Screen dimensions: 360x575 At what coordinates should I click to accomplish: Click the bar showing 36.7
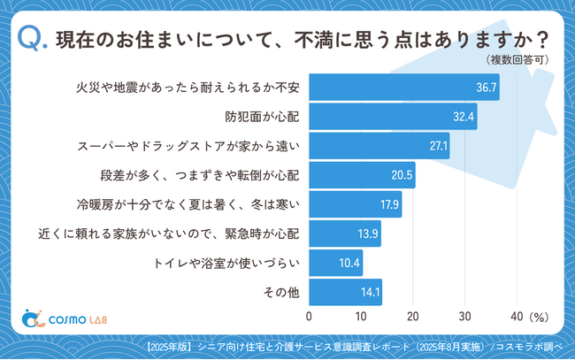pyautogui.click(x=403, y=88)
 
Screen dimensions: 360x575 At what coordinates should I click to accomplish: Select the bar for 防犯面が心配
pyautogui.click(x=393, y=117)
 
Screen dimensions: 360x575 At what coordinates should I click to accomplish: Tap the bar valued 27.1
pyautogui.click(x=379, y=146)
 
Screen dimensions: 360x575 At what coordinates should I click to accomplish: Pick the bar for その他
pyautogui.click(x=345, y=292)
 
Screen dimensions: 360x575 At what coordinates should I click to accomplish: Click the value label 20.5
pyautogui.click(x=402, y=175)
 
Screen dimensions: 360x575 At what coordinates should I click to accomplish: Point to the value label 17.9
pyautogui.click(x=388, y=204)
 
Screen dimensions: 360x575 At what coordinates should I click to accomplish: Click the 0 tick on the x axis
pyautogui.click(x=309, y=316)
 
